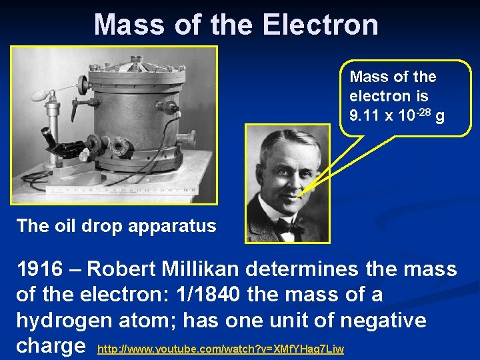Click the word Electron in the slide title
[321, 25]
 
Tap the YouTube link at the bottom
[221, 349]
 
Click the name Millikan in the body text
[210, 269]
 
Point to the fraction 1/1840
[223, 295]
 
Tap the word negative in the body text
[383, 321]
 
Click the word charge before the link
[51, 347]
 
